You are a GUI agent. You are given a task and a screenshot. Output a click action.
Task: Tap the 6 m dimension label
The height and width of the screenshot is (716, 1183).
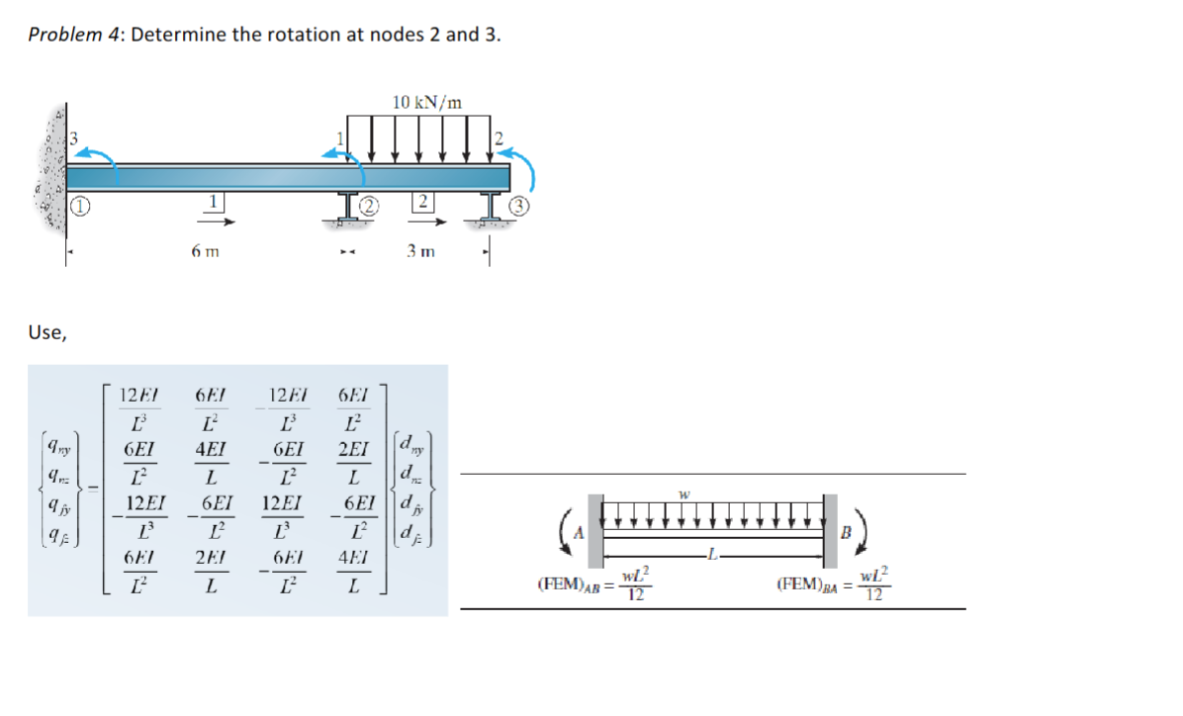pyautogui.click(x=206, y=251)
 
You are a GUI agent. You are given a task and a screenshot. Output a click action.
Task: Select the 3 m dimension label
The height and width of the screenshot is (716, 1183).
pyautogui.click(x=420, y=251)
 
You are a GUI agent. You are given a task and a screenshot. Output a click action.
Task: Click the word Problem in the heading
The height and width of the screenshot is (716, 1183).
pyautogui.click(x=64, y=35)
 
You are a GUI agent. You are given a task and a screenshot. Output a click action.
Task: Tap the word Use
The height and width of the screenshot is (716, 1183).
pyautogui.click(x=47, y=332)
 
